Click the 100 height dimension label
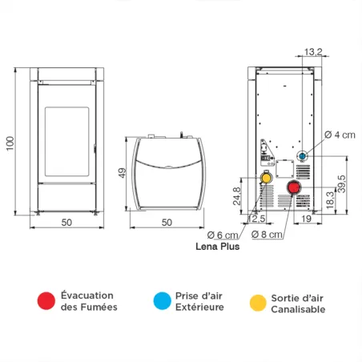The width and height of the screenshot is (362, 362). (10, 142)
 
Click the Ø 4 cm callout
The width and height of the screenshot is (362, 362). (338, 135)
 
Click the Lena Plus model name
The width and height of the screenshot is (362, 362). (218, 247)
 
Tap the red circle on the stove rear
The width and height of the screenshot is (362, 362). (294, 189)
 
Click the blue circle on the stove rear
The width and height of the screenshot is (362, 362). (303, 155)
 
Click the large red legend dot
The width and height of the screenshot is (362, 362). (46, 300)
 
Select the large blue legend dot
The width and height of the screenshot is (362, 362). (163, 300)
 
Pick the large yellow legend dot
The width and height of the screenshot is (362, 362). (257, 302)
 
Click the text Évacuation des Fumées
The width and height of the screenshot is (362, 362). (89, 300)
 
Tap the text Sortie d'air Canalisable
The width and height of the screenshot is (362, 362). (298, 302)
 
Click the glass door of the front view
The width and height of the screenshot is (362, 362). (66, 139)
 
